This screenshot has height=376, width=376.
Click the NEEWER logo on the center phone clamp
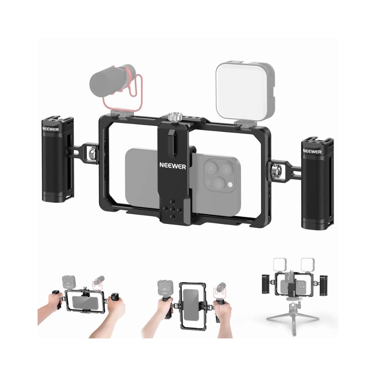pyautogui.click(x=173, y=166)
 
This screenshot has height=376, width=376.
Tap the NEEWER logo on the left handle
pyautogui.click(x=51, y=129)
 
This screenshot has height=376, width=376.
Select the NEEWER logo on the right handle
pyautogui.click(x=312, y=151)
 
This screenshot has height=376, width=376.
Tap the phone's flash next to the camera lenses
pyautogui.click(x=230, y=185)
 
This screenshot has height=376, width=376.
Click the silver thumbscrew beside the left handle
pyautogui.click(x=92, y=152)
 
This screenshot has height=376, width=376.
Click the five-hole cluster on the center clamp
pyautogui.click(x=172, y=209)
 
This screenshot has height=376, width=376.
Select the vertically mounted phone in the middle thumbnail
pyautogui.click(x=191, y=305)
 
